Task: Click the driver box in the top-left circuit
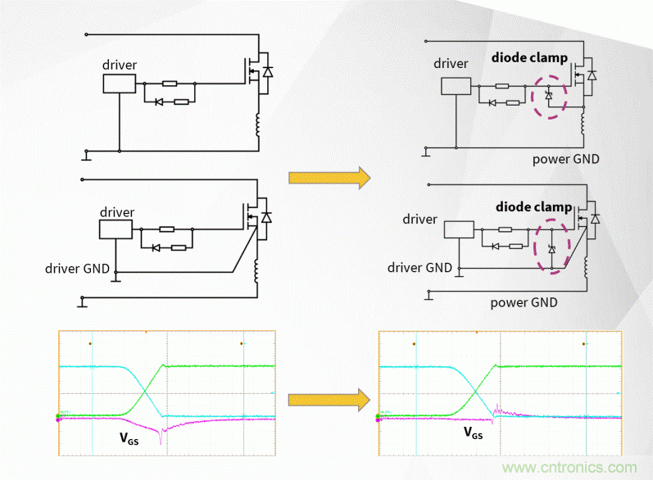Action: click(x=119, y=84)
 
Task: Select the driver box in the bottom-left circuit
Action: click(x=116, y=229)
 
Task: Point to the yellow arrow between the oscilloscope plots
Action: click(x=325, y=399)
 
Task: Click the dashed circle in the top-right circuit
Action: click(x=549, y=97)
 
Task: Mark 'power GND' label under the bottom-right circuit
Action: click(x=524, y=302)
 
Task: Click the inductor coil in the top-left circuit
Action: click(x=260, y=129)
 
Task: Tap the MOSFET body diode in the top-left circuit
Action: click(x=266, y=73)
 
